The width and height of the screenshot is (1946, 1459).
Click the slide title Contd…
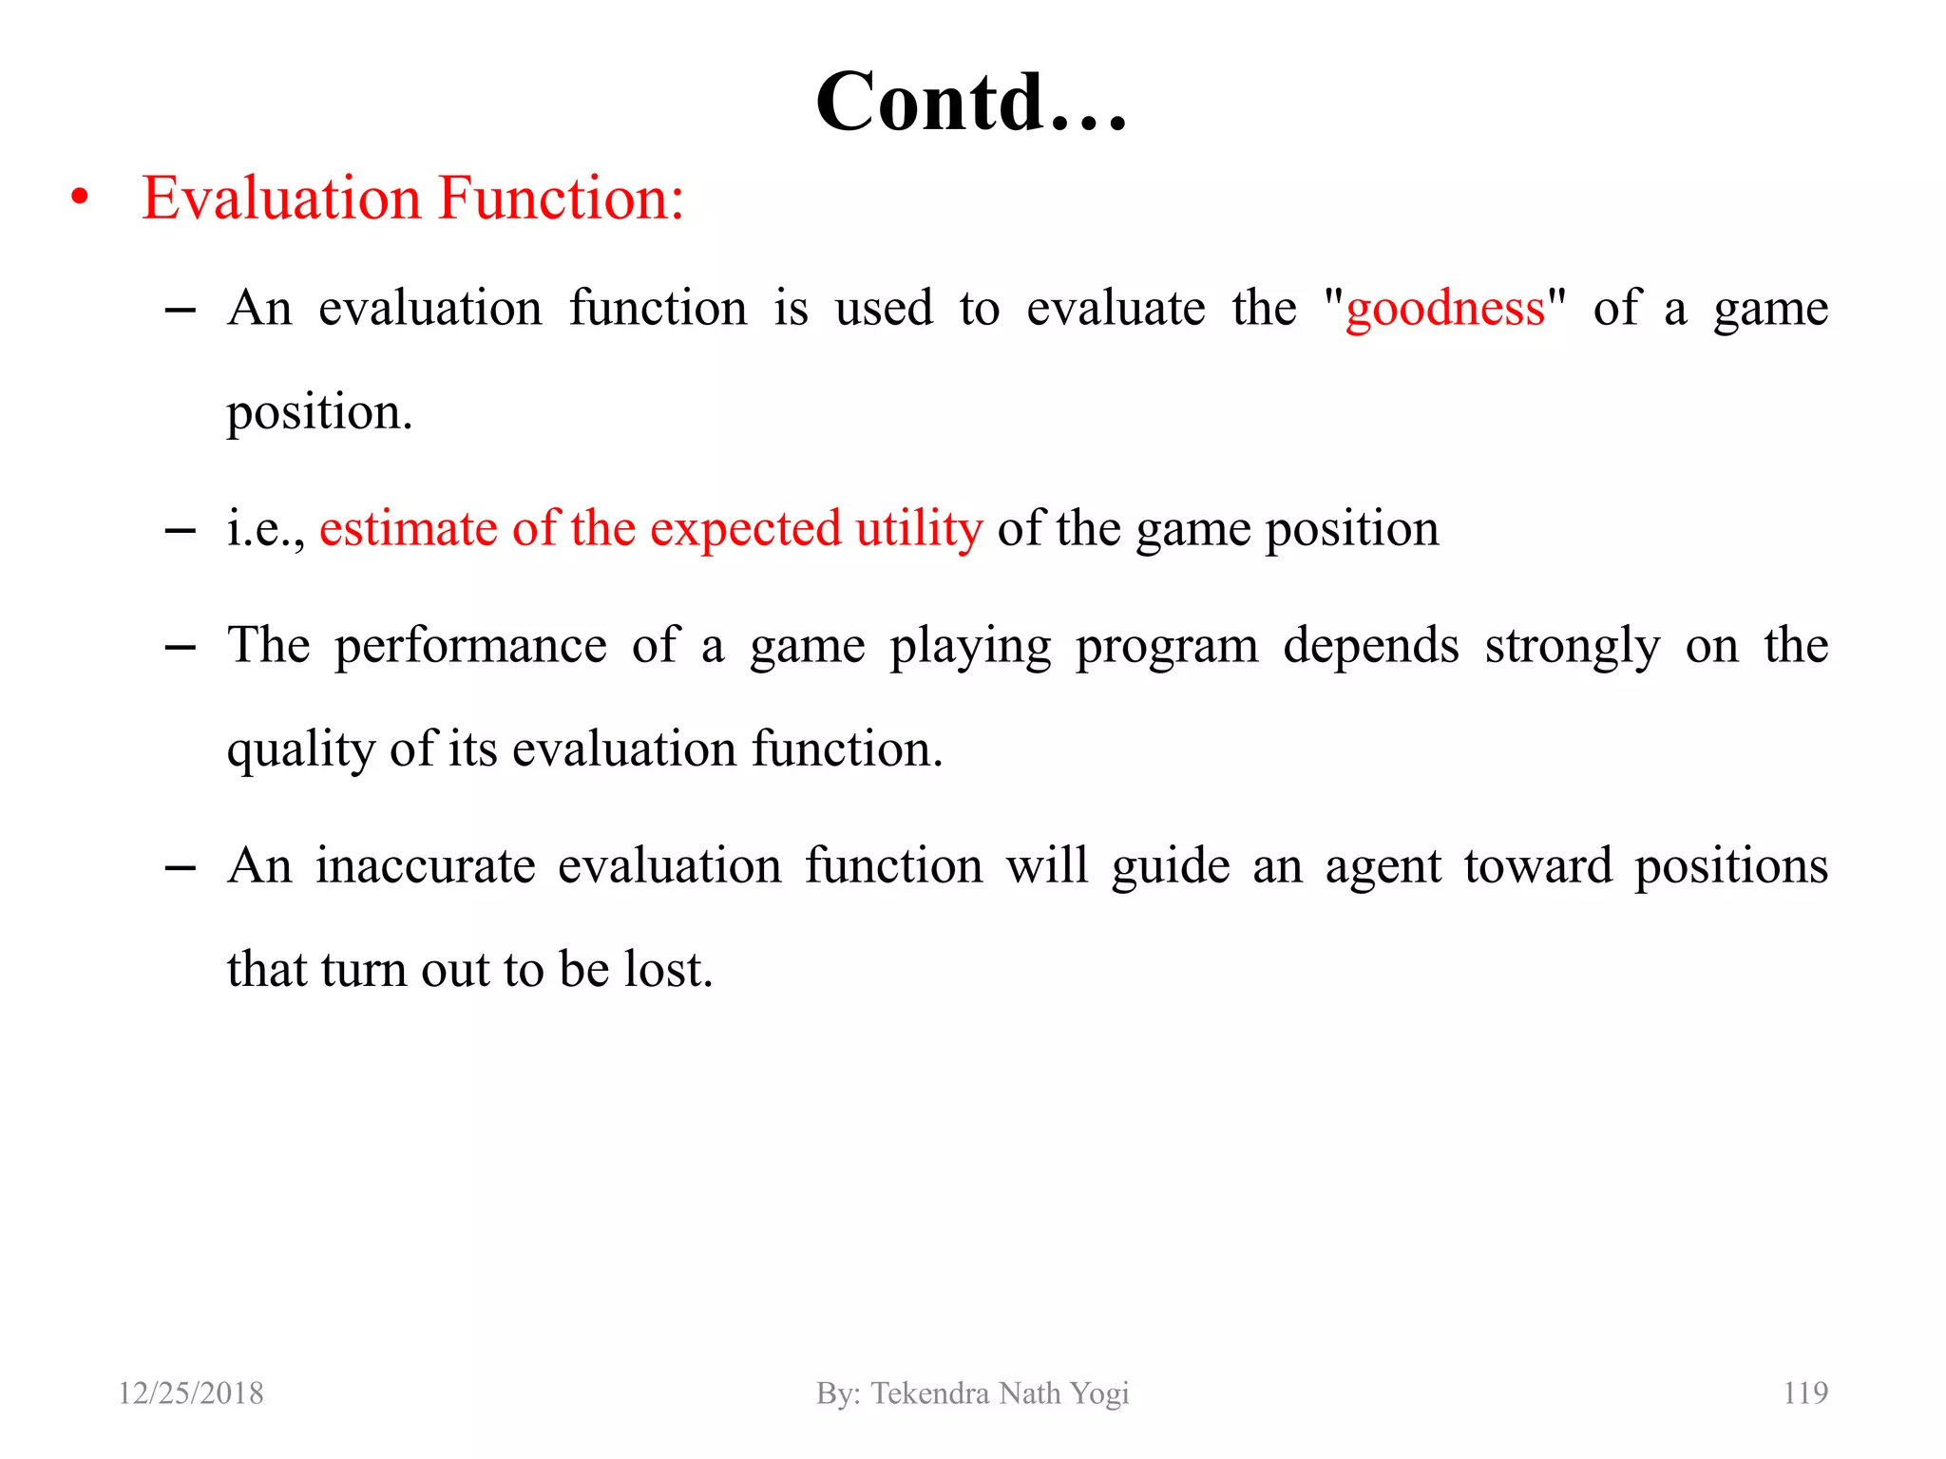[971, 102]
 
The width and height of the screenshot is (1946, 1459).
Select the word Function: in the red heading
[562, 199]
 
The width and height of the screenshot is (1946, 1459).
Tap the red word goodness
[1445, 310]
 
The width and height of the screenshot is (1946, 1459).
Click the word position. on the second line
[319, 413]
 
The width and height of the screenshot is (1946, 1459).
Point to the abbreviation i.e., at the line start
[265, 529]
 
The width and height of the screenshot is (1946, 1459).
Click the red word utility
[919, 529]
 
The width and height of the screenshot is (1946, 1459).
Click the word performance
[470, 647]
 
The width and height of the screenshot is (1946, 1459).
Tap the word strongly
[1572, 647]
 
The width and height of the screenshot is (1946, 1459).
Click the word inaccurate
[426, 866]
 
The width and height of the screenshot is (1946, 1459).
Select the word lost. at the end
[668, 970]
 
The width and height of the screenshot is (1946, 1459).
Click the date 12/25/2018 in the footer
[191, 1393]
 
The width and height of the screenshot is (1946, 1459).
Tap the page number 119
[1804, 1393]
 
